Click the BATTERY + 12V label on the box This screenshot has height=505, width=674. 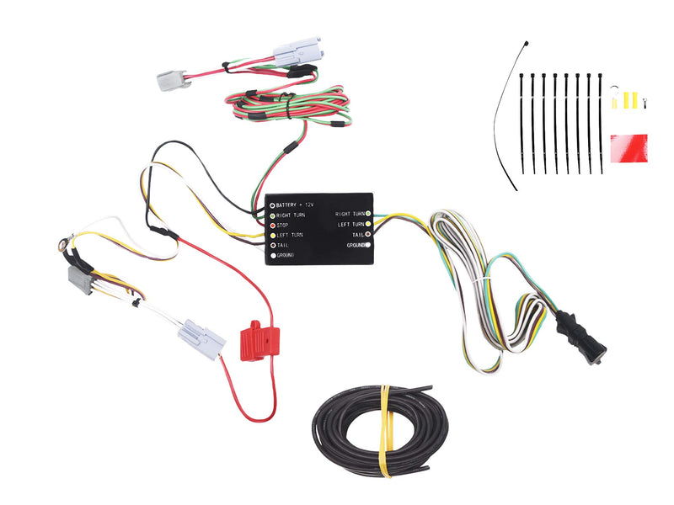(x=295, y=205)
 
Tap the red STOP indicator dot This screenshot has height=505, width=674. (x=272, y=226)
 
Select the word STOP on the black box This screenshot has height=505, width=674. (x=282, y=226)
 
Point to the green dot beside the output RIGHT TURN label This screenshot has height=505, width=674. (x=368, y=214)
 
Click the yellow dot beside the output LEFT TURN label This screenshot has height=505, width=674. (x=368, y=224)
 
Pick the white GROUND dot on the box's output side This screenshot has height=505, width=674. (x=368, y=245)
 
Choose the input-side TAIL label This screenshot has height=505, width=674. (x=282, y=245)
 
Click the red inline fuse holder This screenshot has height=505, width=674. (x=259, y=341)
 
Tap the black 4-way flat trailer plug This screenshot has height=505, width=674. (x=581, y=338)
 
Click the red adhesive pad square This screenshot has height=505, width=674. (x=629, y=148)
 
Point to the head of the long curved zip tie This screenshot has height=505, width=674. (x=526, y=44)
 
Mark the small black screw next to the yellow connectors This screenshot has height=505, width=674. (x=644, y=103)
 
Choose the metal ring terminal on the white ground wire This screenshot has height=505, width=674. (x=62, y=246)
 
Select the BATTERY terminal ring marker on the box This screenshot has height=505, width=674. (x=272, y=205)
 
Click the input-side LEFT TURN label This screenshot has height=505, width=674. (x=290, y=236)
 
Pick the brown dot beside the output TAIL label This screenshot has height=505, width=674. (x=368, y=235)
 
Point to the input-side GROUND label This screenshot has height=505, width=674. (x=286, y=256)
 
